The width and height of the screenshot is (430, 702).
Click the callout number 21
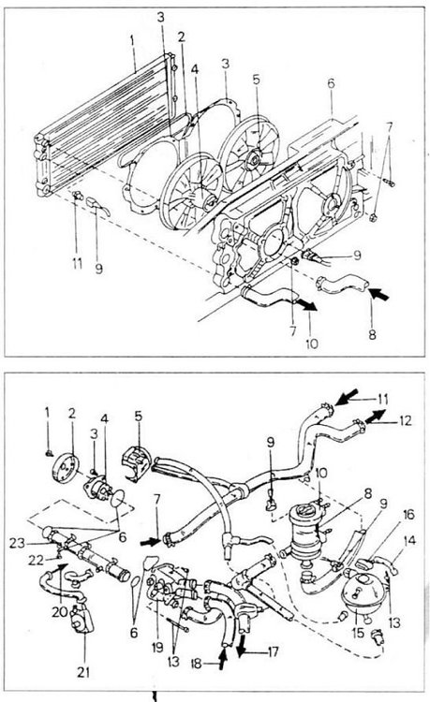point(83,671)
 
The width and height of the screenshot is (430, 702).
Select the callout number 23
point(17,544)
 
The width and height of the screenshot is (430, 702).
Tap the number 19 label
point(157,648)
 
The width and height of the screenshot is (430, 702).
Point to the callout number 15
point(359,634)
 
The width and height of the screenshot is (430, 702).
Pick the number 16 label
point(408,515)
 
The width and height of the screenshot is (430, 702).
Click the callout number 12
point(405,421)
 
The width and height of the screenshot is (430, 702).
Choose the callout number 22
point(36,560)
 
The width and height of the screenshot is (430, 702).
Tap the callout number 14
point(409,540)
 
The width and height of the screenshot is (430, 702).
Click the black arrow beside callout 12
point(376,416)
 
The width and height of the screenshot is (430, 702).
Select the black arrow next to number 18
point(222,660)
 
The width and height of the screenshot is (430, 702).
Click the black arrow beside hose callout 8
point(378,294)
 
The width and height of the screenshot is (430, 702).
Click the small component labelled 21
point(81,618)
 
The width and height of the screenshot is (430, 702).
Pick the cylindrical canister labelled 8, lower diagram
point(306,530)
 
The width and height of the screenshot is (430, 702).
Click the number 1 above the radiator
point(133,41)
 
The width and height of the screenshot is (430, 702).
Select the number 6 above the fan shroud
point(331,83)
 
